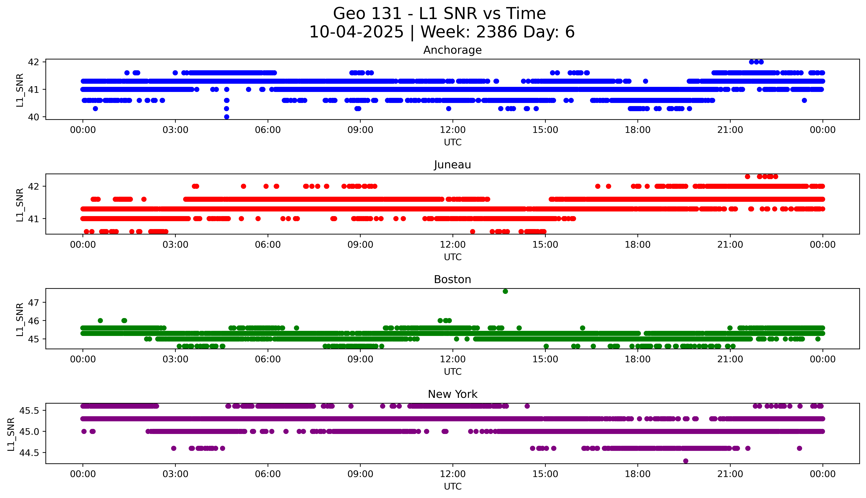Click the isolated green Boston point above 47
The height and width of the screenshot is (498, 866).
tap(505, 291)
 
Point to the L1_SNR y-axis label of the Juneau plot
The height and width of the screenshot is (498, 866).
tap(20, 205)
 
